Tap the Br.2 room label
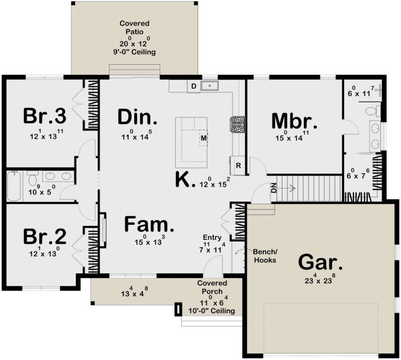click(45, 237)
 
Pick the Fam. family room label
click(149, 225)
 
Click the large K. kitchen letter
click(185, 180)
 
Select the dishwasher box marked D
click(193, 86)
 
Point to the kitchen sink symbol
click(210, 85)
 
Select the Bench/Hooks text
click(265, 256)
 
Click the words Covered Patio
click(134, 27)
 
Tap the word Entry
click(213, 237)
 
